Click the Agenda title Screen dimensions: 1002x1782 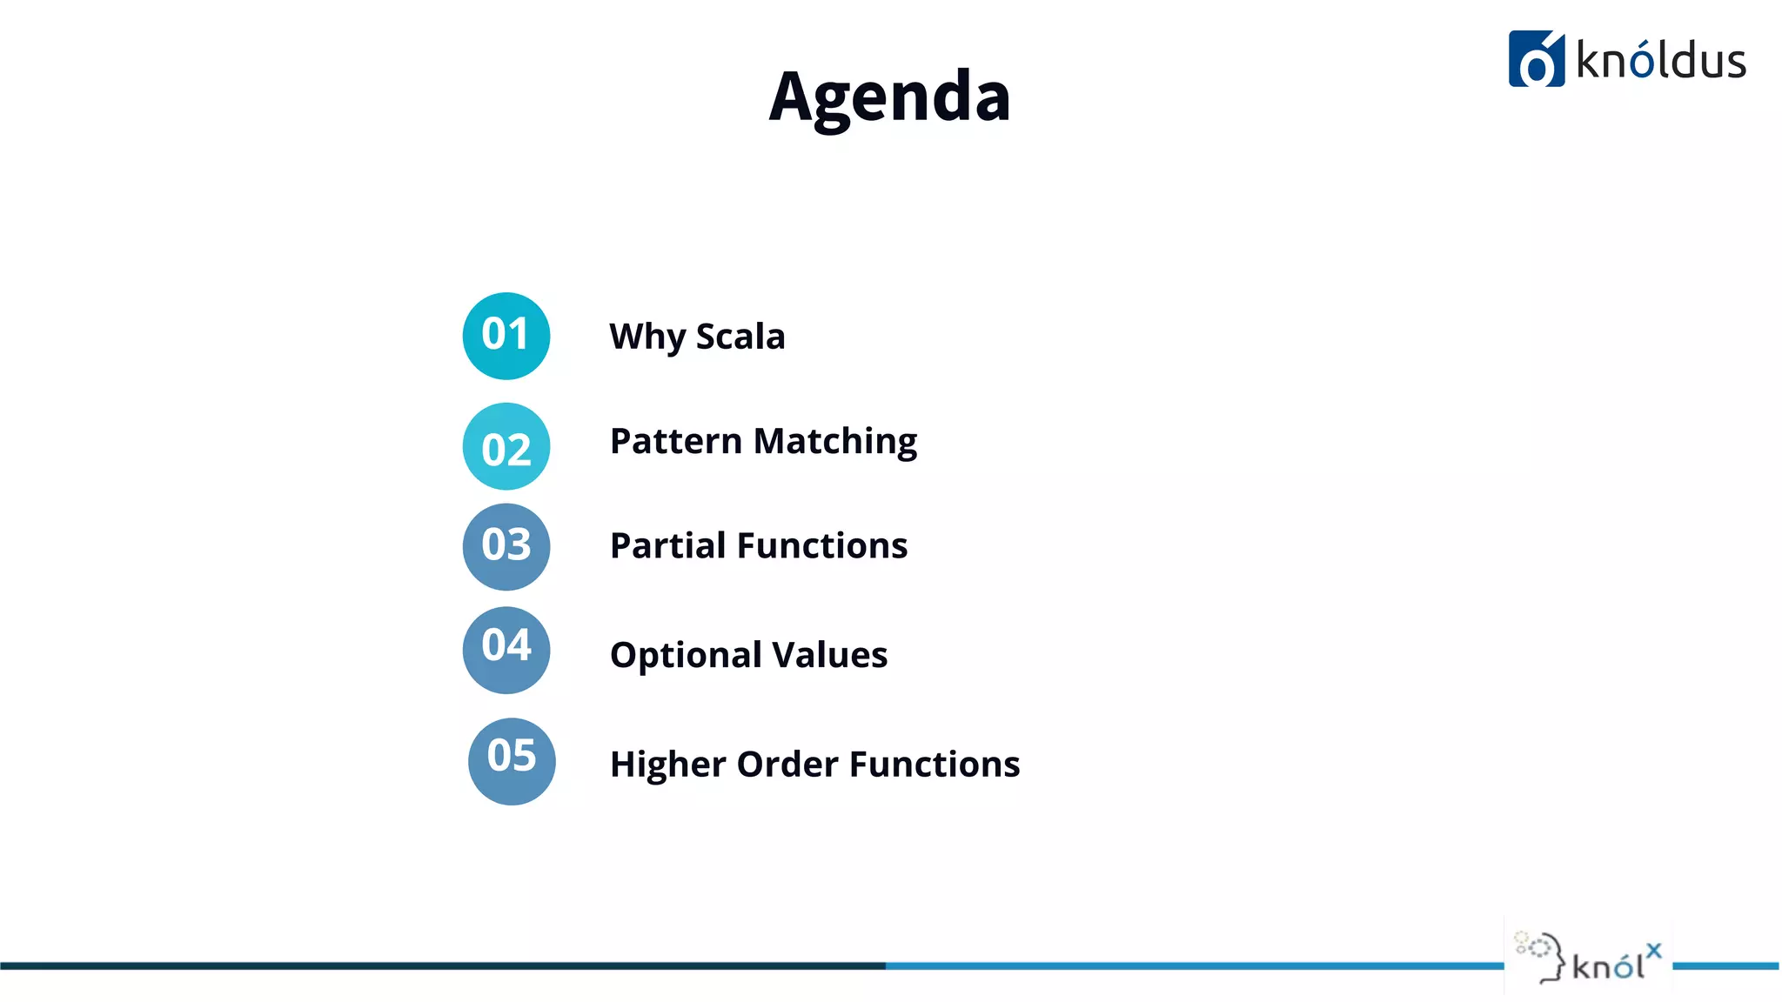tap(889, 97)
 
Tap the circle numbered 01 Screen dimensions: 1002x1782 tap(506, 336)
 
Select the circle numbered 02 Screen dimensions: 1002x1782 tap(506, 446)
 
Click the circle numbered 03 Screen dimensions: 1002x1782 tap(506, 546)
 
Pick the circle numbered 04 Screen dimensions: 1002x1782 tap(506, 649)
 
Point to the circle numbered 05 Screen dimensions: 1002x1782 tap(512, 760)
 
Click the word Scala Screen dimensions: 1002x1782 tap(740, 337)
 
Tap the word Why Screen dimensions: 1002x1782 tap(647, 337)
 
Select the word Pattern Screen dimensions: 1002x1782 tap(675, 441)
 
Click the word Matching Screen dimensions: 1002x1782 tap(835, 442)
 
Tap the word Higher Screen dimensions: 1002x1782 tap(667, 765)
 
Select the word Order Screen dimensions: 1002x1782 tap(787, 764)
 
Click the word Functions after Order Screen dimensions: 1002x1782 tap(935, 764)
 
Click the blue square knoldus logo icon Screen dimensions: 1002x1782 tap(1536, 59)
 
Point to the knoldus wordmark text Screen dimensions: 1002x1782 tap(1660, 61)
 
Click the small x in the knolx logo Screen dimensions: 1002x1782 tap(1653, 951)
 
